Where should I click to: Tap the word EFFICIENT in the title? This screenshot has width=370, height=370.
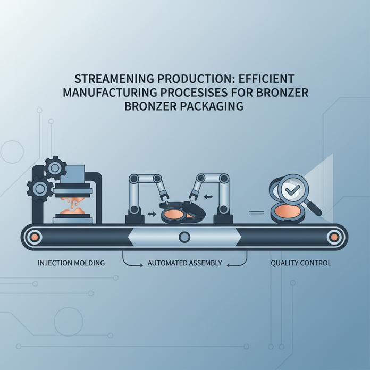266,79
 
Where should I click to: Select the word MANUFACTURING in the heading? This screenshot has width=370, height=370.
110,93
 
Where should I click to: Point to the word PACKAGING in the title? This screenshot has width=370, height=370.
212,106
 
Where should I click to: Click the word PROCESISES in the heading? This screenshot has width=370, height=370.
194,93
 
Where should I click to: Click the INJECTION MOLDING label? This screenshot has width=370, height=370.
71,263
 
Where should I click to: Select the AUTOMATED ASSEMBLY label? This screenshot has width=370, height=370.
185,263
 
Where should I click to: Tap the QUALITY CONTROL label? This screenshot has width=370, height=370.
301,263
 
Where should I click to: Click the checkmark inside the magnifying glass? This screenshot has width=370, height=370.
292,189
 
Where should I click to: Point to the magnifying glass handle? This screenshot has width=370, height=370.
314,208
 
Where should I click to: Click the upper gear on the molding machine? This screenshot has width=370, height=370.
55,168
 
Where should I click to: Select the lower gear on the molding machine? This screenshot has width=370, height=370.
40,189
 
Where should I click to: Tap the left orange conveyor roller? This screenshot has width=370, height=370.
35,237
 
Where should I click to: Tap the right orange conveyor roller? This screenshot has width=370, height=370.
334,237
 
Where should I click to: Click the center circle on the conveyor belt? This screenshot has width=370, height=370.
184,237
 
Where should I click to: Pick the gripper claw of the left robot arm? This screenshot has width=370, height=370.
164,197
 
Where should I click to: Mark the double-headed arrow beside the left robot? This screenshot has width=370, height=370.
152,214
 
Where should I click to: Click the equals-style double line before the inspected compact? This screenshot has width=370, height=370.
256,213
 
